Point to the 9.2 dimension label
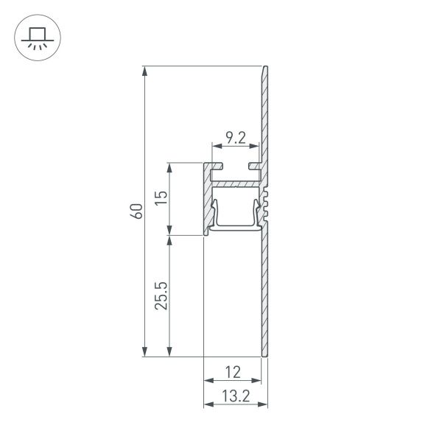236,136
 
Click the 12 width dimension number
233,372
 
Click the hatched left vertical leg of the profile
207,199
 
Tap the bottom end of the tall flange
264,357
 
